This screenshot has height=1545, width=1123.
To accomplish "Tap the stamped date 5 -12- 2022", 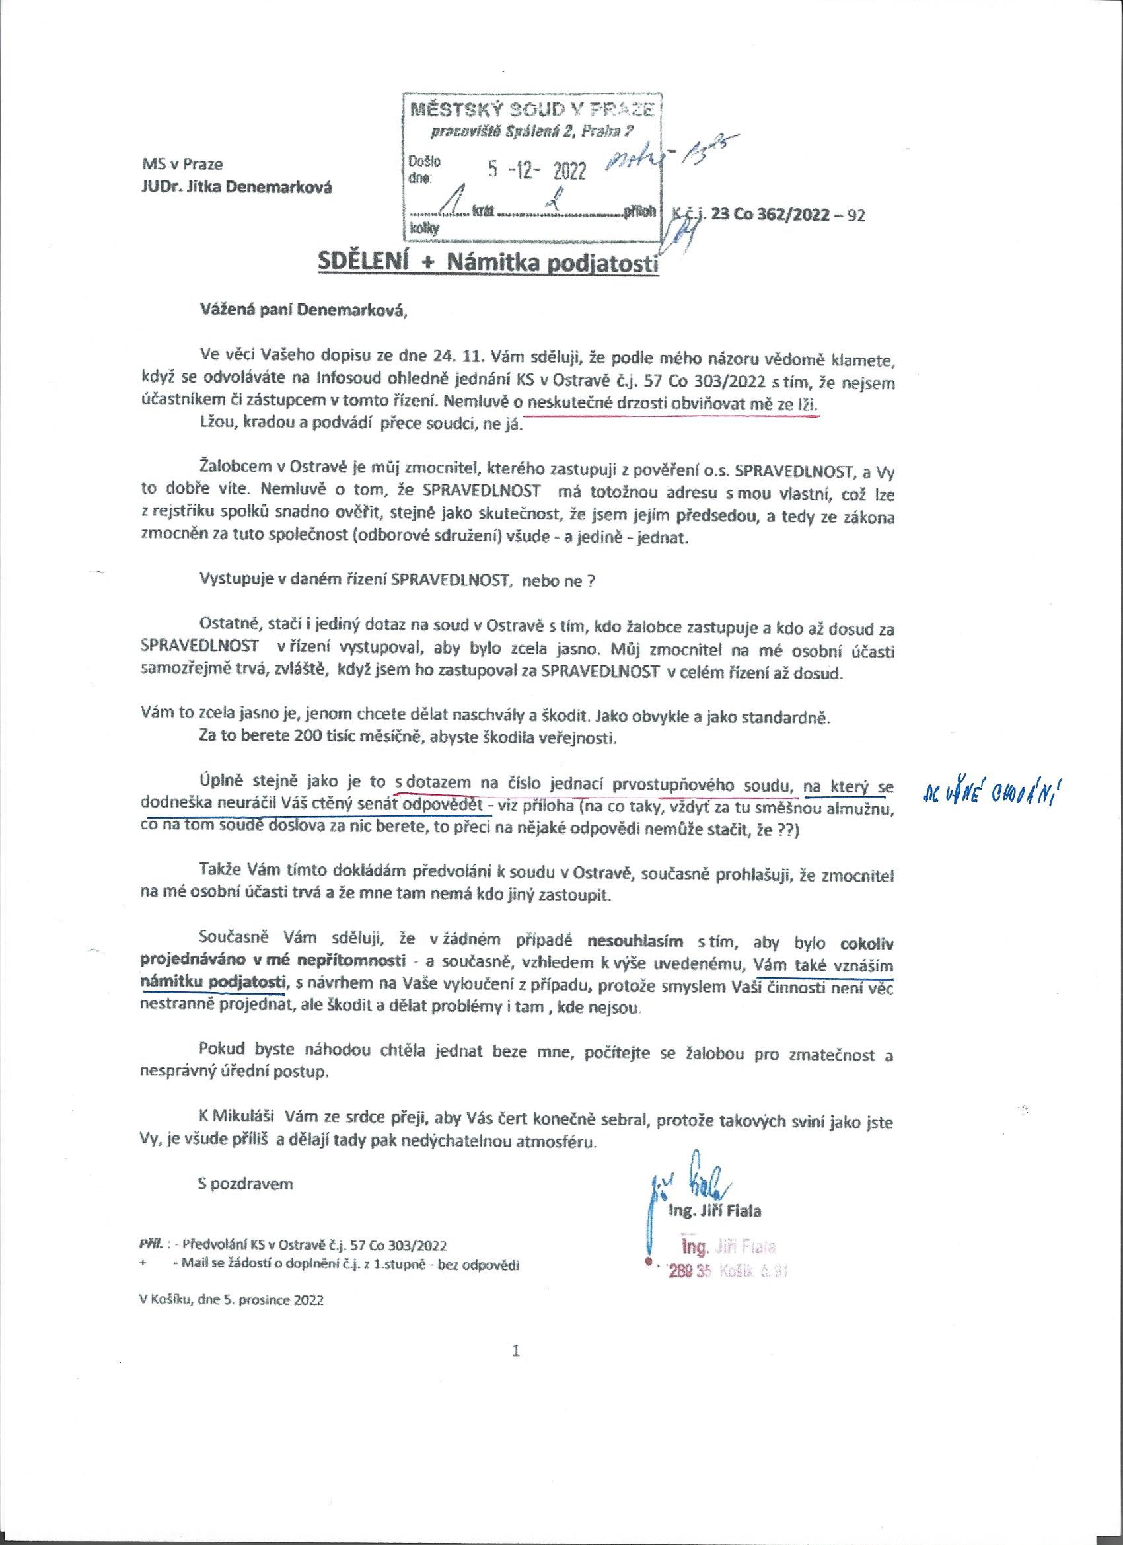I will point(537,171).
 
